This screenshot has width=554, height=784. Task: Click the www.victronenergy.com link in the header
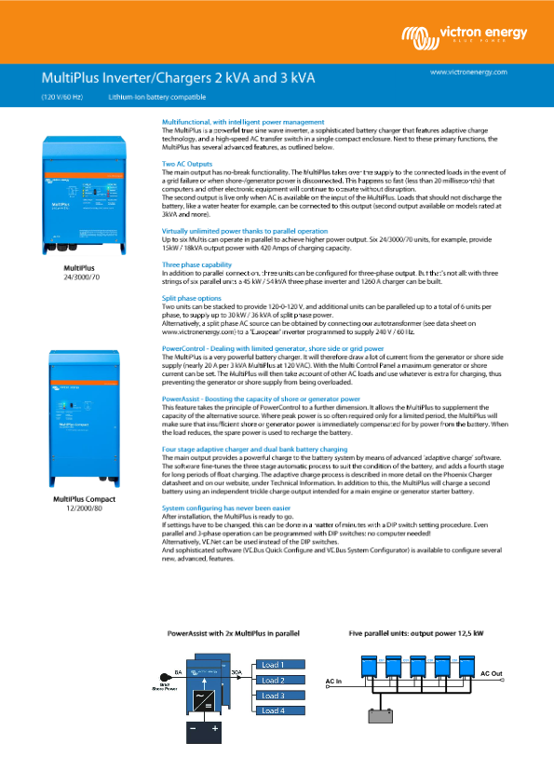point(468,72)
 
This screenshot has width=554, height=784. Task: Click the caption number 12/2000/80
point(85,509)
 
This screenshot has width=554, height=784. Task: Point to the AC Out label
point(491,672)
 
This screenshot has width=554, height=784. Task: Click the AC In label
point(334,682)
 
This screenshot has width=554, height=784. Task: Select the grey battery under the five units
point(382,717)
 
